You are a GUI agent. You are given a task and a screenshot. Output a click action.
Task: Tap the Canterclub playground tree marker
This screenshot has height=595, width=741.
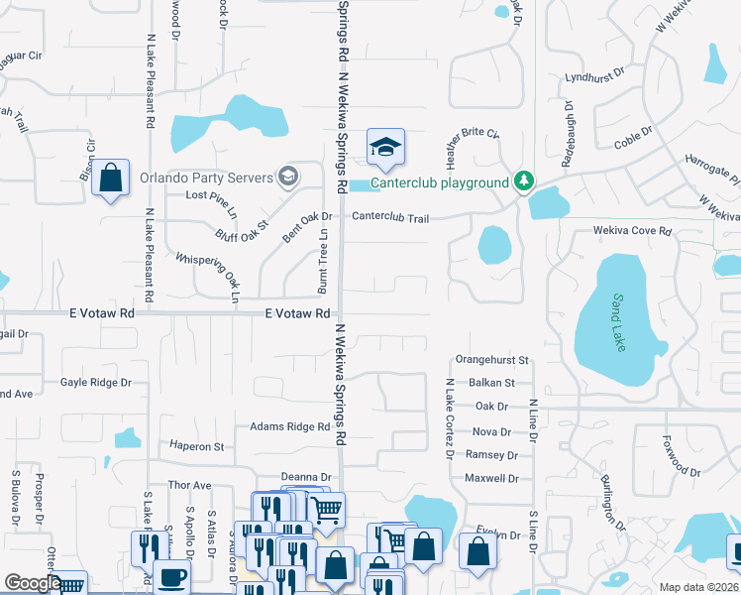[x=524, y=181]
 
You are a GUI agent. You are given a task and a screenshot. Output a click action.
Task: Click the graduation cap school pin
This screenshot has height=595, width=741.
[x=385, y=148]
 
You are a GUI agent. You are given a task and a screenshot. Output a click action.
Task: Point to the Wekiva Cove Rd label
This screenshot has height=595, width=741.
[x=632, y=231]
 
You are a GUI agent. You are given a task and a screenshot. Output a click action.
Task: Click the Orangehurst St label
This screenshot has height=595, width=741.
[x=492, y=360]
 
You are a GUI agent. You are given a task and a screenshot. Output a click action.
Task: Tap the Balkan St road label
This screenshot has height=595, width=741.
[x=494, y=382]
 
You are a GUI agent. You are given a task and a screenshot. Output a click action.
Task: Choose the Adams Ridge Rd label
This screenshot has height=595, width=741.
[x=289, y=426]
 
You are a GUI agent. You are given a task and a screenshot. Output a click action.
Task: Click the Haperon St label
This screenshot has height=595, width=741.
[x=198, y=446]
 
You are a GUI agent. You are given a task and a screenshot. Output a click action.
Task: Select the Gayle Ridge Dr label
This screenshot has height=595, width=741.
[x=96, y=382]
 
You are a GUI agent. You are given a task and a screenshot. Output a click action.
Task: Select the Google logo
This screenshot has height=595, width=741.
[x=32, y=584]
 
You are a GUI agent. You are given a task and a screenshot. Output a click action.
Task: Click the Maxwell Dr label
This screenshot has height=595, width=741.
[x=491, y=478]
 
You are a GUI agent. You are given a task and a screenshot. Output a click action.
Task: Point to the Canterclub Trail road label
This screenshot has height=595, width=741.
[x=389, y=216]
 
